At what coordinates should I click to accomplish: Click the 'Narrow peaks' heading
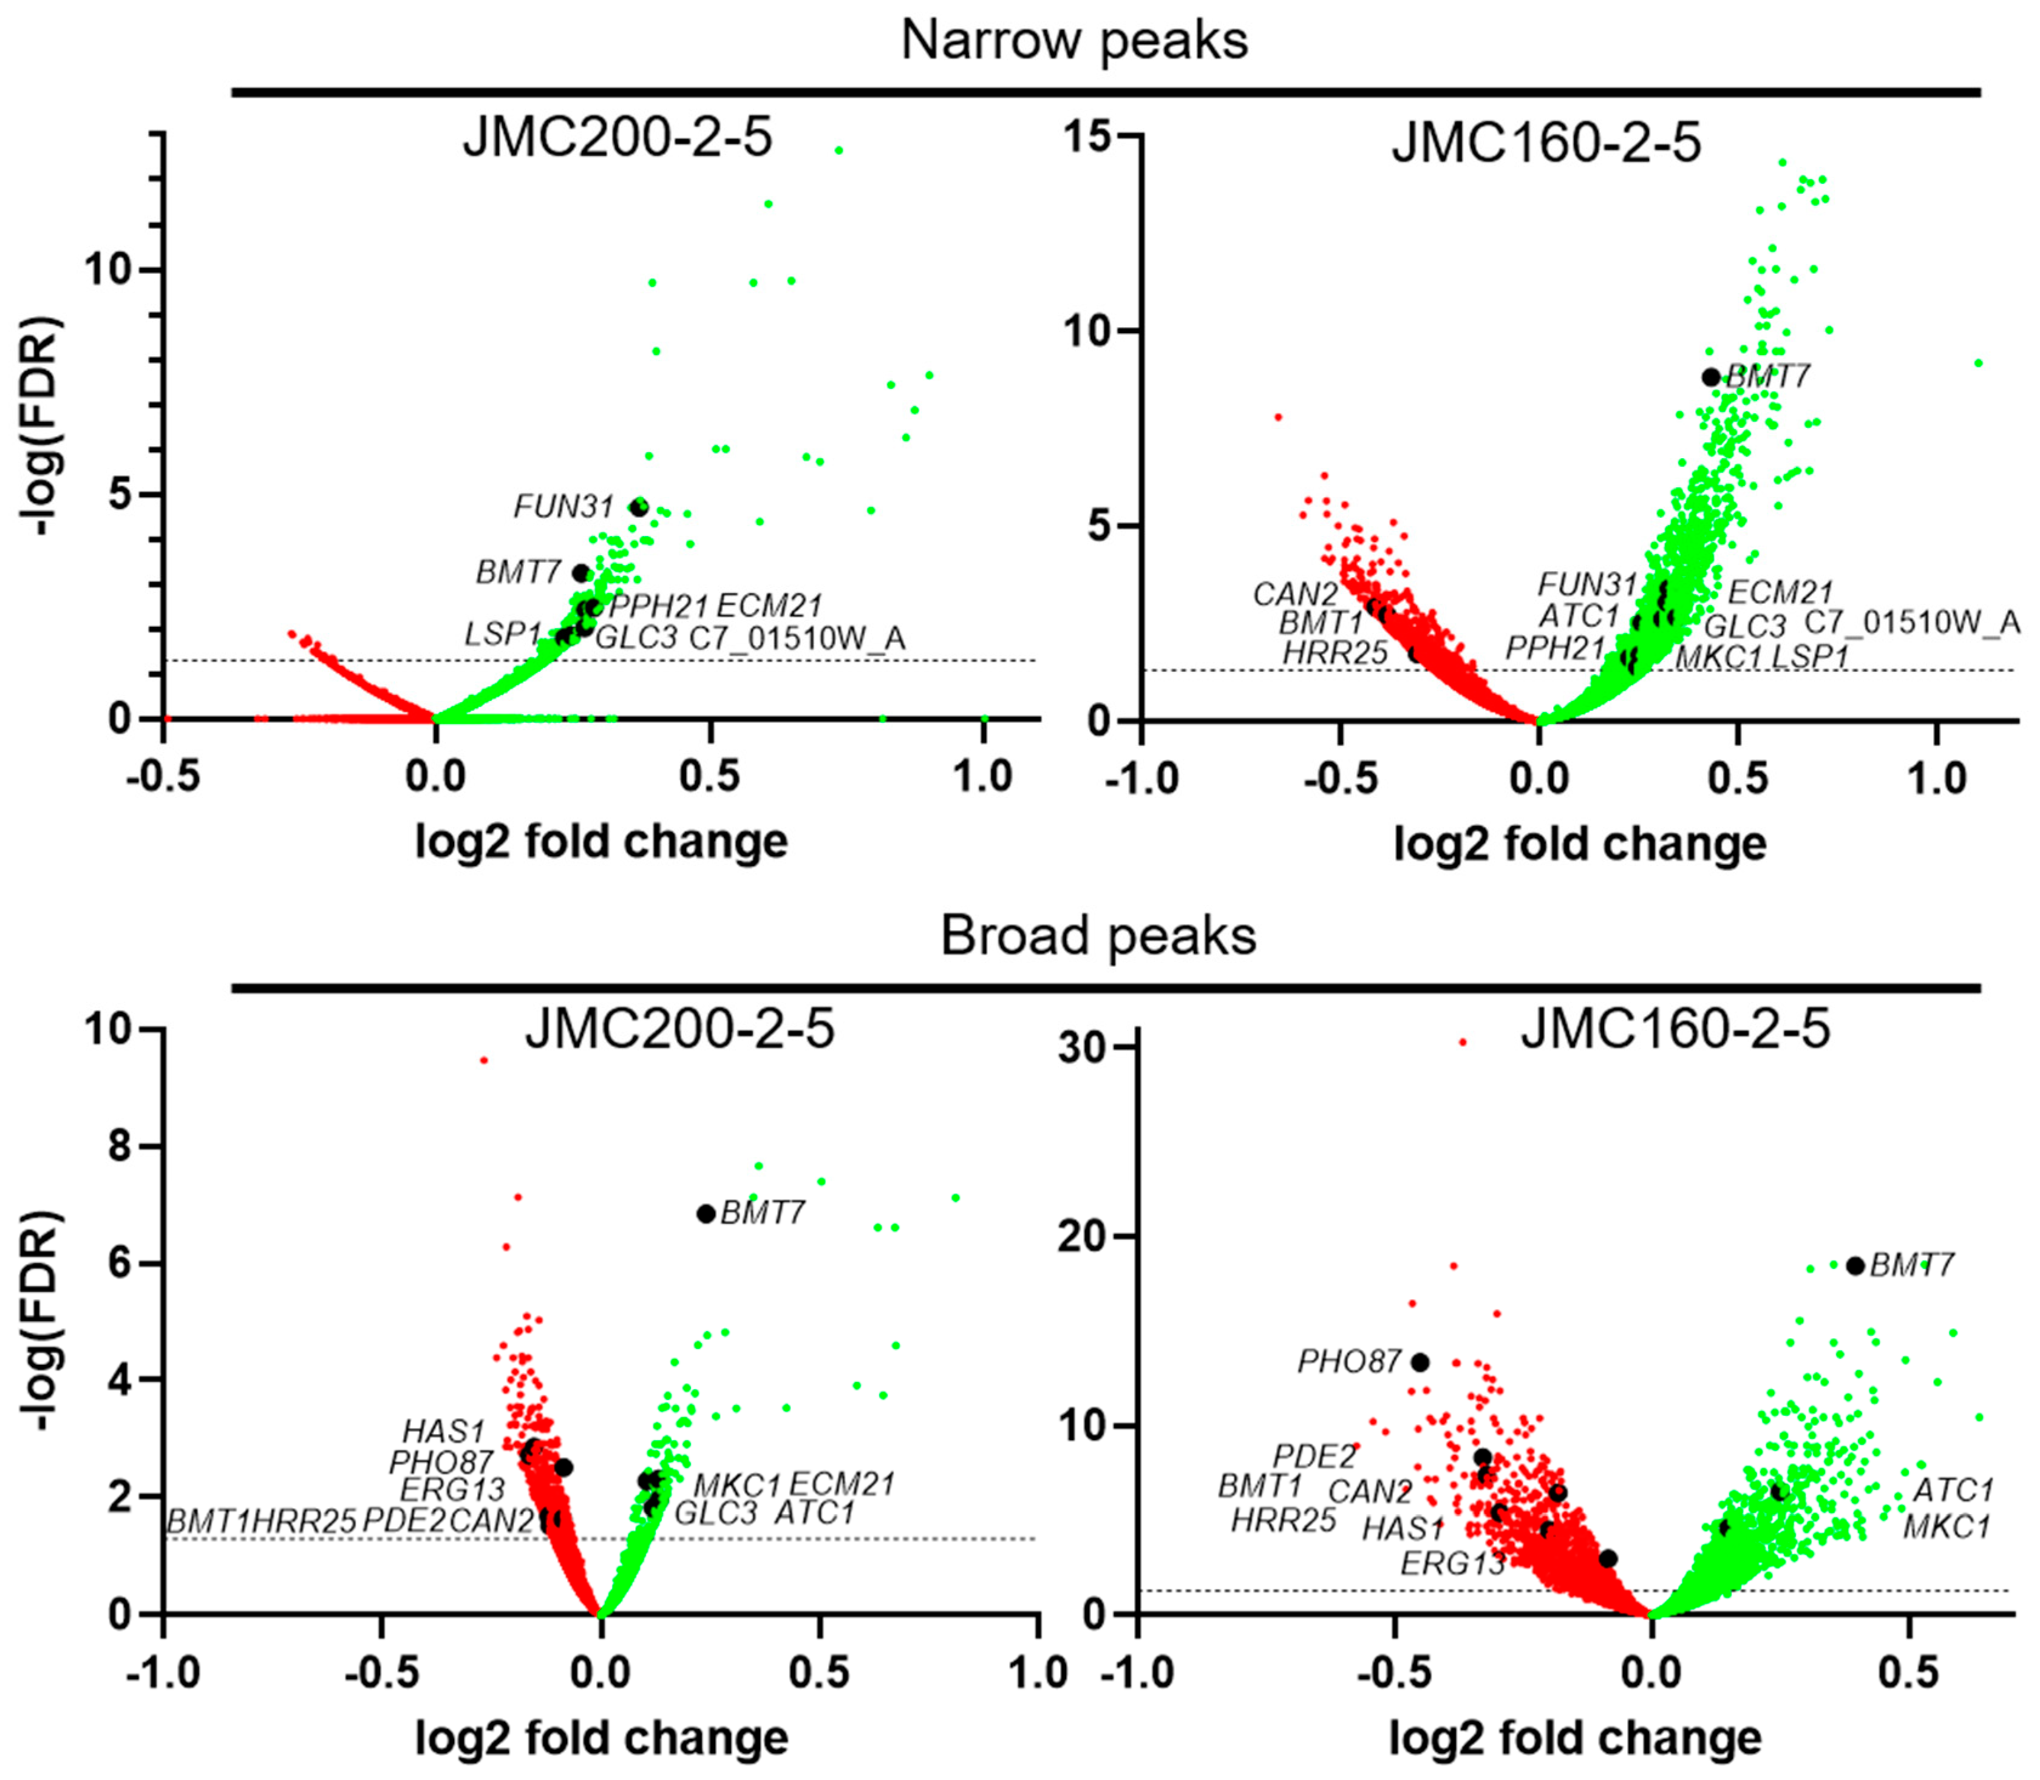1073,41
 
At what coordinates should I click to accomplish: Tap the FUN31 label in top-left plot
563,507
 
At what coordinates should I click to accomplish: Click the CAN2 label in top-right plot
1295,594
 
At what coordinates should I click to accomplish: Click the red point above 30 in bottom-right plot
1461,1042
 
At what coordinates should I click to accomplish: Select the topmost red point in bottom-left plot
484,1060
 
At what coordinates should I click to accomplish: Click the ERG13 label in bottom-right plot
1452,1563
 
